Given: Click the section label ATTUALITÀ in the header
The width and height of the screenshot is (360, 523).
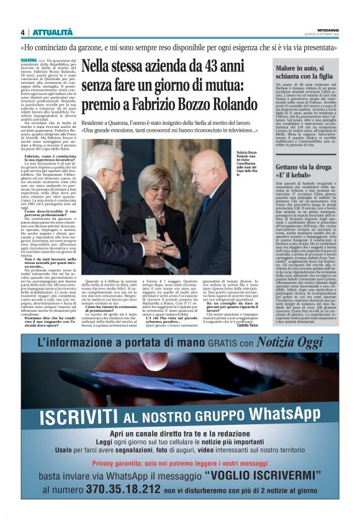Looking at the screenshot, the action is pos(52,32).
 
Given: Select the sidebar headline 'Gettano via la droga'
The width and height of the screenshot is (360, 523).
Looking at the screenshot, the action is pos(304,168).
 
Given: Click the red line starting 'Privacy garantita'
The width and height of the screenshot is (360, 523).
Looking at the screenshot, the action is pos(180,463).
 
